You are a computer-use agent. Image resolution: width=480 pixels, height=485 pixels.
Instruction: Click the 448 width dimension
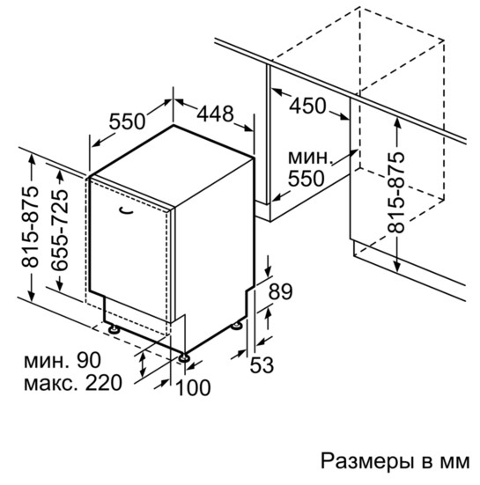pyautogui.click(x=215, y=114)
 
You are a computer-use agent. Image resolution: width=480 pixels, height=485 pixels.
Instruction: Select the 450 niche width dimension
pyautogui.click(x=307, y=106)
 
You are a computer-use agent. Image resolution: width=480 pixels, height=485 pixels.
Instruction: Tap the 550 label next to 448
pyautogui.click(x=127, y=121)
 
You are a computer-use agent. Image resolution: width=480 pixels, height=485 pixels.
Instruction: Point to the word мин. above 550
pyautogui.click(x=310, y=158)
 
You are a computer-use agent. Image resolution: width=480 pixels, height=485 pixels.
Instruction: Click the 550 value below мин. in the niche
pyautogui.click(x=306, y=179)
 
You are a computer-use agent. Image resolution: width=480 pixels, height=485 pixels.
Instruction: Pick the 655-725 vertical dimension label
pyautogui.click(x=59, y=230)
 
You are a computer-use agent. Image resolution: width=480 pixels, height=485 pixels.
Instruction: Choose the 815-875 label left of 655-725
pyautogui.click(x=30, y=226)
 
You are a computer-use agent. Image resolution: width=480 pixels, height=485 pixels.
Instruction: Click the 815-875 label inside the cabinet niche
pyautogui.click(x=395, y=192)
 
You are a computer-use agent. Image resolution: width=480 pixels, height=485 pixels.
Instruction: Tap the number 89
pyautogui.click(x=280, y=291)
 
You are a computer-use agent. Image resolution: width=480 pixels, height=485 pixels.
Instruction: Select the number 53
pyautogui.click(x=262, y=365)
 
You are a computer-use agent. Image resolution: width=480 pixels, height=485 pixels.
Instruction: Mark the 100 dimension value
pyautogui.click(x=193, y=387)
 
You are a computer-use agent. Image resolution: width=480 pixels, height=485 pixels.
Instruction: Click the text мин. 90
pyautogui.click(x=63, y=360)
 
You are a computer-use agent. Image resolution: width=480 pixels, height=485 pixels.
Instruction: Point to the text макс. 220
pyautogui.click(x=73, y=383)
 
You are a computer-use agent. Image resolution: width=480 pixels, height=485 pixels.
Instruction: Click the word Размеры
pyautogui.click(x=366, y=461)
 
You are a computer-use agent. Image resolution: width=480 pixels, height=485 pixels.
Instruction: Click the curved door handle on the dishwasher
pyautogui.click(x=126, y=211)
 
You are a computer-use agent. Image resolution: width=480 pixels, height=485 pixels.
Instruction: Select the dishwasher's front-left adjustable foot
pyautogui.click(x=114, y=329)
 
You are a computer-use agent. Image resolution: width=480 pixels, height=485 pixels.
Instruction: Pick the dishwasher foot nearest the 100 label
pyautogui.click(x=185, y=356)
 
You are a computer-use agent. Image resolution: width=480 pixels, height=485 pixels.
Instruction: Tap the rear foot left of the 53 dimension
pyautogui.click(x=238, y=325)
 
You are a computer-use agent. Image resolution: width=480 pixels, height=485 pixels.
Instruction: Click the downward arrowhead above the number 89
pyautogui.click(x=269, y=271)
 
